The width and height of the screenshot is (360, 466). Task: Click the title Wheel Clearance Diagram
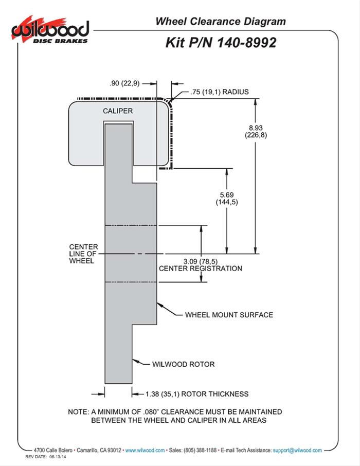[x=220, y=22]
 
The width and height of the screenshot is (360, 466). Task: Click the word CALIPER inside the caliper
[x=118, y=111]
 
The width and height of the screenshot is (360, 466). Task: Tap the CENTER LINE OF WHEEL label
[x=82, y=254]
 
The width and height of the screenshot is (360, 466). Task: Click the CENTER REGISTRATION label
[x=201, y=268]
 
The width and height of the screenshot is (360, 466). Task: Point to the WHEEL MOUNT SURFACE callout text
[x=229, y=315]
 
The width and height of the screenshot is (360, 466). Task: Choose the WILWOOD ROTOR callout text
[x=184, y=364]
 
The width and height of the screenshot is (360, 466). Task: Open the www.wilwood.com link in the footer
[x=145, y=450]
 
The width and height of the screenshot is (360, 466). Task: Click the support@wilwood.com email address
[x=297, y=450]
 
